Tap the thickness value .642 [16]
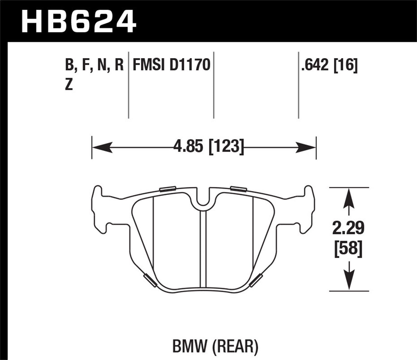tap(329, 66)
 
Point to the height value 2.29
tap(349, 228)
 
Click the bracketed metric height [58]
tap(349, 248)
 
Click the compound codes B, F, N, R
tap(94, 66)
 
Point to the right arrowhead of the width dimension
tap(306, 147)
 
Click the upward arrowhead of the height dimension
tap(349, 198)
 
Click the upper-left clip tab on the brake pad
tap(168, 189)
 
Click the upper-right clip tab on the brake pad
tap(239, 189)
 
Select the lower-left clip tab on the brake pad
tap(150, 281)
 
